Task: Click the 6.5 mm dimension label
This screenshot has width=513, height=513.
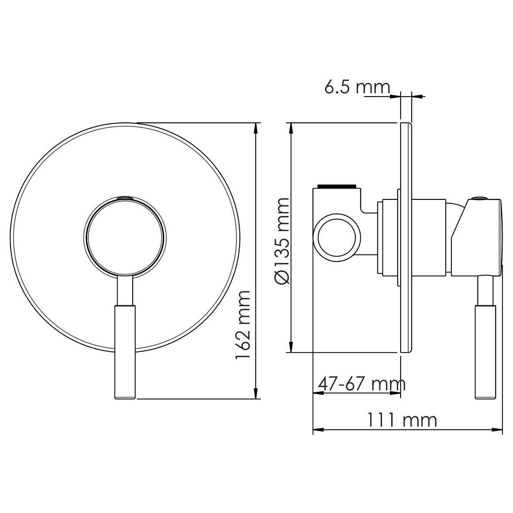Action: coord(357,87)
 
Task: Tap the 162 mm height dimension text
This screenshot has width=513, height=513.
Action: coord(243,325)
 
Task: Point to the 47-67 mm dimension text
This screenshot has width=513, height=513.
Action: coord(361,384)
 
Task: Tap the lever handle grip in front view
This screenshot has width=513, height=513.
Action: coord(125,352)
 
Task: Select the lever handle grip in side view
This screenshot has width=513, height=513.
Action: coord(486,352)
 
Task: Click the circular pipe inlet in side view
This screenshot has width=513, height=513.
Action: coord(337,238)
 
